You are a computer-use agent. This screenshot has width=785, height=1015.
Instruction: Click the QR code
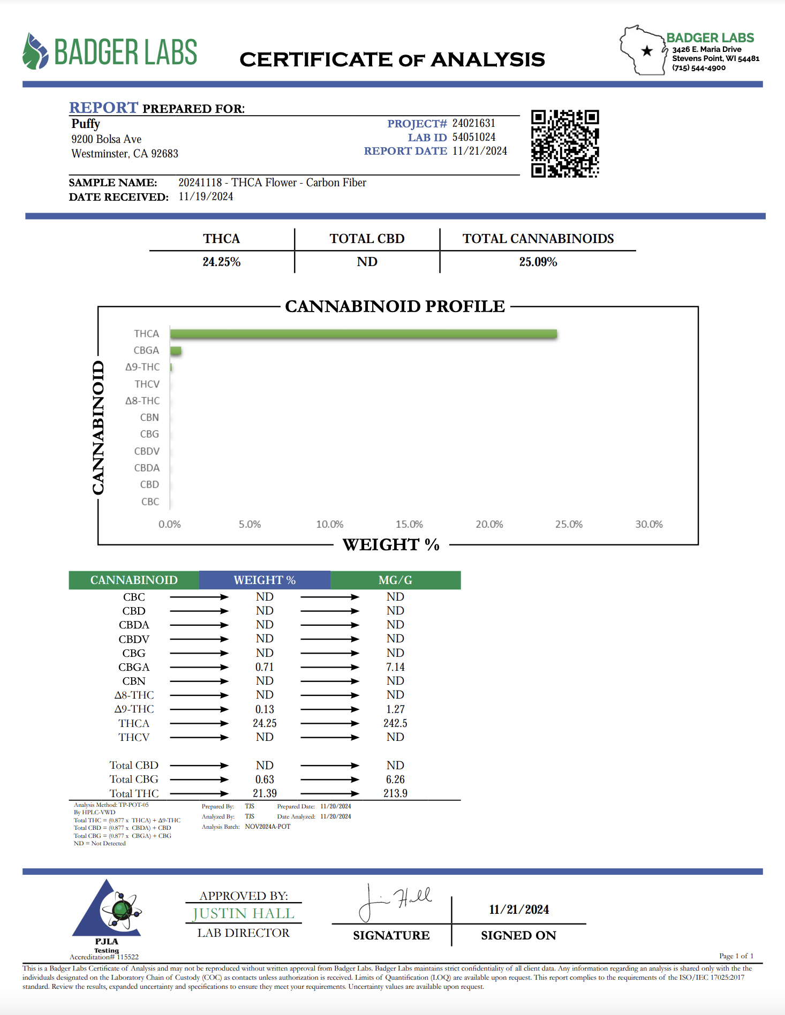(x=565, y=143)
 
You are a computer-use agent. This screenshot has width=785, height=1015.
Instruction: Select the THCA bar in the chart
(x=364, y=334)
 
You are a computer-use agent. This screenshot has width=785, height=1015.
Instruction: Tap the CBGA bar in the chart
(x=176, y=351)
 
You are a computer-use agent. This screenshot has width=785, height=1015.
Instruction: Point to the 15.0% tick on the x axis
(x=409, y=524)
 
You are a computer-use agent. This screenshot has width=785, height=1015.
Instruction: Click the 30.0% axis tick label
(x=648, y=524)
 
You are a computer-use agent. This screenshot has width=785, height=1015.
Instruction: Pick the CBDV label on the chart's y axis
(x=147, y=451)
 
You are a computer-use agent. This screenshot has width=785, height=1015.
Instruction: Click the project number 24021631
(x=473, y=123)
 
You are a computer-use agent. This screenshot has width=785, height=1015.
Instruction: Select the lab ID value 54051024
(x=473, y=137)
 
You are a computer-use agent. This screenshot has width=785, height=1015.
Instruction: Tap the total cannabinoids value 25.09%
(x=538, y=262)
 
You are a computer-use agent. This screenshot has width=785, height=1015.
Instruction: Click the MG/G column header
(x=395, y=580)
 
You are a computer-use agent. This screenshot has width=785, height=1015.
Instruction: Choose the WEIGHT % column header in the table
(x=265, y=580)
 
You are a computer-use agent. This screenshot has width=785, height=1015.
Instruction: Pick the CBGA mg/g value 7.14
(x=395, y=667)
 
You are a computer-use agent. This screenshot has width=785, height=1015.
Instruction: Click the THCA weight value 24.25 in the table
(x=265, y=723)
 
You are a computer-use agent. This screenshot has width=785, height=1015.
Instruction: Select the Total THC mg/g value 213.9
(x=395, y=793)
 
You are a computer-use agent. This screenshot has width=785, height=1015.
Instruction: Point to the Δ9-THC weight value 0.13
(x=265, y=709)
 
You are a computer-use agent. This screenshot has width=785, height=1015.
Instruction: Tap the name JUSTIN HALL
(x=244, y=913)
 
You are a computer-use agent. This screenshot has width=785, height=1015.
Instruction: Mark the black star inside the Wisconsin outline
(x=647, y=51)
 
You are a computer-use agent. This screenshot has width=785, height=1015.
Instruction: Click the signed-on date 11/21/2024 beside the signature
(x=518, y=910)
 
